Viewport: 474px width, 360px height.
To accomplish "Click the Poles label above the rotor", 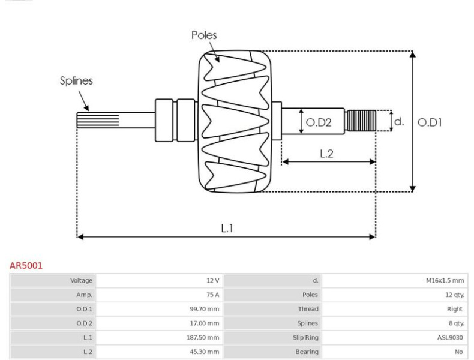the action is click(204, 35).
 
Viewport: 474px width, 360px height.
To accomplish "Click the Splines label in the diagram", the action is click(76, 81).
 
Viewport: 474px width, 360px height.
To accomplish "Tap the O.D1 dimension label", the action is click(430, 122).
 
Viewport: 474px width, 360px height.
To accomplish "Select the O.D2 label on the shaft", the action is click(319, 122).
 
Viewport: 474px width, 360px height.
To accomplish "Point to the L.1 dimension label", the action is click(227, 228).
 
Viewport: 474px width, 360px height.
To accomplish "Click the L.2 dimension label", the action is click(326, 154).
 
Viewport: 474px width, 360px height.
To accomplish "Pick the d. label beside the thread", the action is click(399, 122).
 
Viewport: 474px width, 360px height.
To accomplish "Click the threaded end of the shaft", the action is click(361, 121).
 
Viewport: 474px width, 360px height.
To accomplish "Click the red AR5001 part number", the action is click(26, 266).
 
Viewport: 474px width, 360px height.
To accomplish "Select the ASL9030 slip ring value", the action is click(450, 337).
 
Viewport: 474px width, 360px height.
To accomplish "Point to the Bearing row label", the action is click(307, 352).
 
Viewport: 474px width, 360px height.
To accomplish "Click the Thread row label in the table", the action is click(308, 309).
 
